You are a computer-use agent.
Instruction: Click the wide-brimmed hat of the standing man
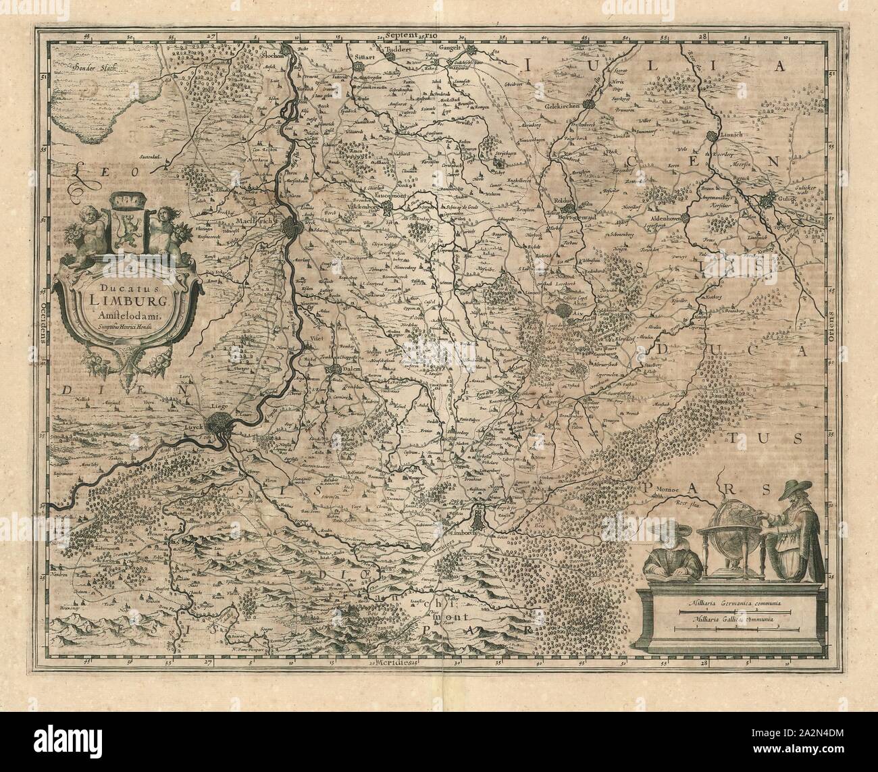(x=794, y=489)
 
